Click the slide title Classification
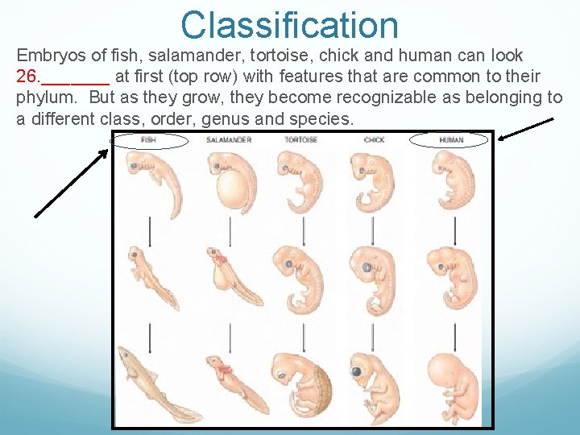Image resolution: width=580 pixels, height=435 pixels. point(290,24)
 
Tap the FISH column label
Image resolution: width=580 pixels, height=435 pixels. point(149,140)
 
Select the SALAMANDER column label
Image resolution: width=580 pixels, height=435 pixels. point(229,140)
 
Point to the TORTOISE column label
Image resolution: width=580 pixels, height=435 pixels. point(300,140)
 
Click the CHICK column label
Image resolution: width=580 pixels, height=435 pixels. point(374,140)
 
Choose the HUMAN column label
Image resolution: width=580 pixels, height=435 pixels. point(451,140)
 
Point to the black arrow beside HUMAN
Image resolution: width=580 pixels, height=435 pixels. point(526,129)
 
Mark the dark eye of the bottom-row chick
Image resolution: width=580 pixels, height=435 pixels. point(355,371)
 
